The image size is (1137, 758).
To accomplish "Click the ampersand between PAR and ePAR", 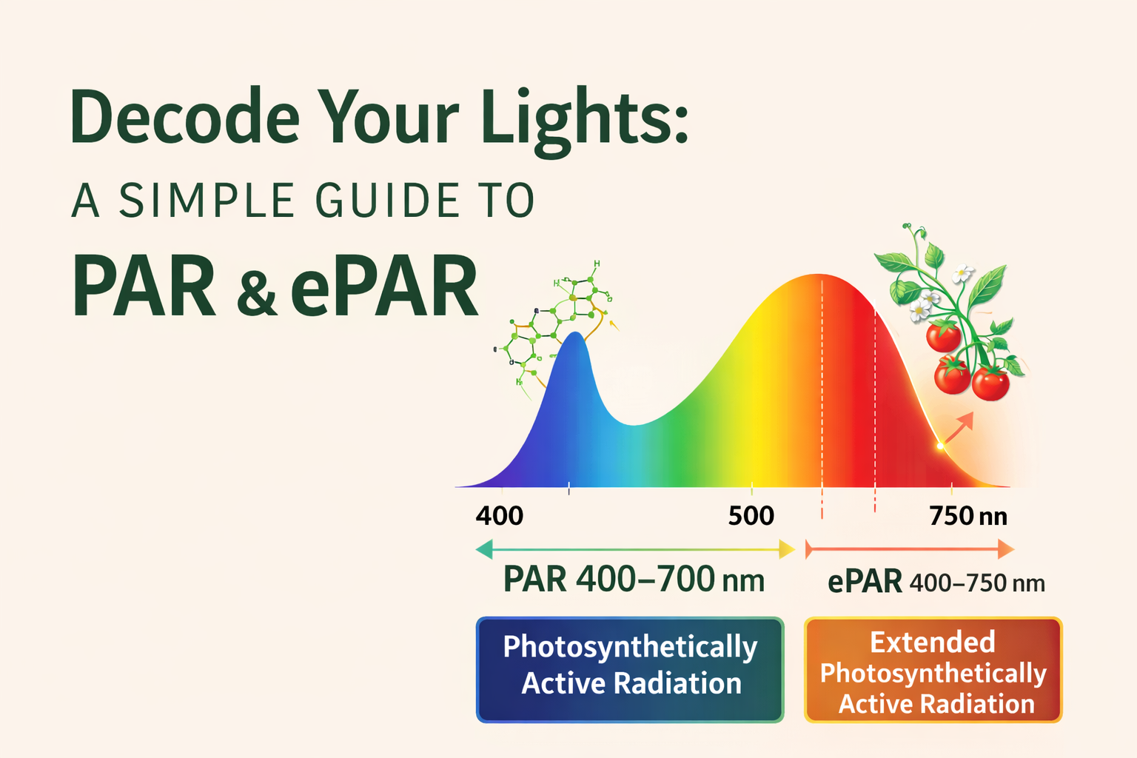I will click(257, 292).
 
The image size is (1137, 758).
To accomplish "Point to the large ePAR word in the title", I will click(384, 287).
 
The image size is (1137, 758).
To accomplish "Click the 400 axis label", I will click(500, 515).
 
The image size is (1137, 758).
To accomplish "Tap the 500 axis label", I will click(751, 515).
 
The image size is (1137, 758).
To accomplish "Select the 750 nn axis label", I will click(967, 515).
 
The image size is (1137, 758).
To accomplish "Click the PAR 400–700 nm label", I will click(634, 580).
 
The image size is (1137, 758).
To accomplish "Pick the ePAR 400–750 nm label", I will click(936, 583).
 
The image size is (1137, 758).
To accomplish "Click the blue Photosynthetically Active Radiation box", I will click(630, 669).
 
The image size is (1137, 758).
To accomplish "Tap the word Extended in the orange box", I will click(932, 642).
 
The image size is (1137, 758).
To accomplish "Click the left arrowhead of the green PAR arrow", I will click(485, 549).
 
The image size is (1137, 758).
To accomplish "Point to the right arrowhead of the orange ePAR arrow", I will click(1005, 549).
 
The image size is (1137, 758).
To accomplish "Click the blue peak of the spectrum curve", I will click(575, 341).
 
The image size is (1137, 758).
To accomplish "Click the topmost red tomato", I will click(944, 337).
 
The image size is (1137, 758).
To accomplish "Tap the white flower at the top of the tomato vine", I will click(962, 273).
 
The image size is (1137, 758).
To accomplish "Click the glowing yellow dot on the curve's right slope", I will click(940, 446).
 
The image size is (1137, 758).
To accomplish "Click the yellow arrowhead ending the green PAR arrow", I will click(787, 549).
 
